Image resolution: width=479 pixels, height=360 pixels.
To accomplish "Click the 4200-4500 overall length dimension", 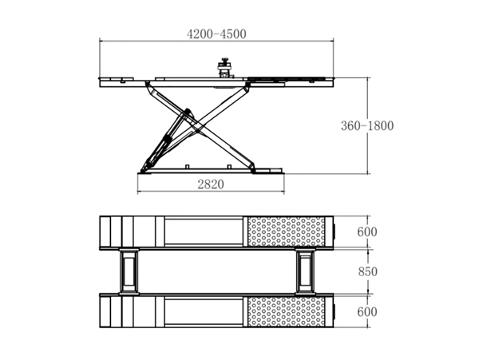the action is (x=216, y=34).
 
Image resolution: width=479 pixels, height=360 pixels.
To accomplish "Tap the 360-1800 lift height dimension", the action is (x=367, y=126).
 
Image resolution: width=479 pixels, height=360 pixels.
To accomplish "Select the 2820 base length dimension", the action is (x=211, y=184).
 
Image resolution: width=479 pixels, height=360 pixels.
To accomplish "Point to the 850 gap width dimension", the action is (x=368, y=271).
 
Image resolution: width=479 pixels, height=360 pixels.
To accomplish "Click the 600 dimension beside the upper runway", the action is (x=367, y=231).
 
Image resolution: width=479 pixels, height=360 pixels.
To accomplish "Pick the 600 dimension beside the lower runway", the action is (x=367, y=312).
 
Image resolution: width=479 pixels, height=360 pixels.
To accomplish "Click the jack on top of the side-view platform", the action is (x=225, y=68).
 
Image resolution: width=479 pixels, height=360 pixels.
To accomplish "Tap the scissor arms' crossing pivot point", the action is (x=198, y=130).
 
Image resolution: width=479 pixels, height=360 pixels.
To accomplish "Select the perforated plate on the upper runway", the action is (x=287, y=231).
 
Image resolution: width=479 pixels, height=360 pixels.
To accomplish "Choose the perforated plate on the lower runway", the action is (x=287, y=312).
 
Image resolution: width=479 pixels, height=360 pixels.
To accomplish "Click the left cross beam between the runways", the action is (x=129, y=271).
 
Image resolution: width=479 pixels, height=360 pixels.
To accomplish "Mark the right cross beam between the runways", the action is (x=305, y=271).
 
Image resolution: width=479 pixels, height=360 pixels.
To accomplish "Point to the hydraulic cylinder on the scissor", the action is (x=168, y=140).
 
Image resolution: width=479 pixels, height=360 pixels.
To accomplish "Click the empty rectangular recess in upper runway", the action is (x=204, y=231).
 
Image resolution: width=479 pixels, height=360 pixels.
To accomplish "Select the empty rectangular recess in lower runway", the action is (x=204, y=312).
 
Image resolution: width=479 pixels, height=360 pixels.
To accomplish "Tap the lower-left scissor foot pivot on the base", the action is (x=144, y=170).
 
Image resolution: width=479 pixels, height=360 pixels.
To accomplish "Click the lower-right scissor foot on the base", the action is (x=253, y=168).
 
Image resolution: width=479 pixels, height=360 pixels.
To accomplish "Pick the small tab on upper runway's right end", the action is (x=335, y=231).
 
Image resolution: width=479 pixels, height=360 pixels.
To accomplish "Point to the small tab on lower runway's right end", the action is (x=335, y=312).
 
